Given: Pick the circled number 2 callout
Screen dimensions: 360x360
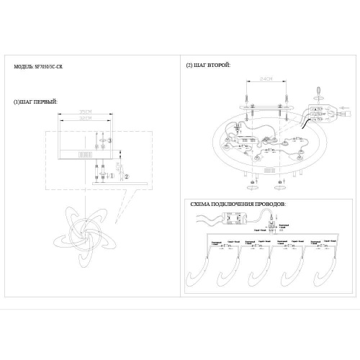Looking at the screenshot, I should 127,175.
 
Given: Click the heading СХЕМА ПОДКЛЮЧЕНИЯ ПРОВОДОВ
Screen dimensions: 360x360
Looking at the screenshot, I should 238,204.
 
